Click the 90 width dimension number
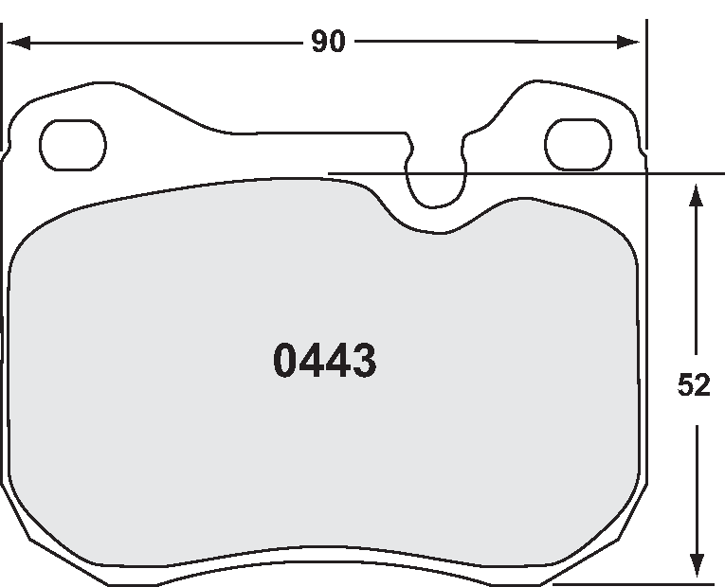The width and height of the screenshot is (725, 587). click(x=328, y=43)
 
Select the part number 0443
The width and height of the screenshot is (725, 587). click(x=325, y=361)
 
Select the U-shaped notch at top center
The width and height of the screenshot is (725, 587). click(x=436, y=180)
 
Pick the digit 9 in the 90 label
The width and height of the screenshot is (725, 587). click(x=318, y=43)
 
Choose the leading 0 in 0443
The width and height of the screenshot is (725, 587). click(x=287, y=361)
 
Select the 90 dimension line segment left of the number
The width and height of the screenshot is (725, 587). click(x=161, y=43)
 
